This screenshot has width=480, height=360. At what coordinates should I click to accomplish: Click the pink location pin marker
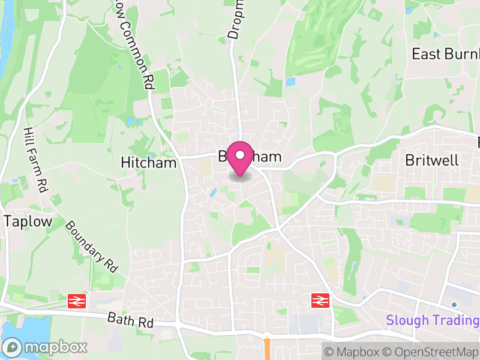[240, 158]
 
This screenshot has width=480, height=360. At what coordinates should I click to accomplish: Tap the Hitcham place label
[149, 163]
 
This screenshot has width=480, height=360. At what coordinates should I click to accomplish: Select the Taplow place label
[28, 221]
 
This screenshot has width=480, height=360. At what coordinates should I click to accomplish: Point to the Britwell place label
[431, 160]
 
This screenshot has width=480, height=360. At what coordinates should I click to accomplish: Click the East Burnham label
[445, 54]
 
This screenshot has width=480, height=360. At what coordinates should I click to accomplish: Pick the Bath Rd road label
[131, 320]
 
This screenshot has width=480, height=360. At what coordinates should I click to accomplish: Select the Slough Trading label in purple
[433, 320]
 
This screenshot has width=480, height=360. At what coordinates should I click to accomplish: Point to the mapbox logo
[46, 347]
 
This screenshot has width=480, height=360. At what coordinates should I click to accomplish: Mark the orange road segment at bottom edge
[267, 348]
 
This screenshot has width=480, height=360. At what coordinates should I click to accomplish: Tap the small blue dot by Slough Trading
[454, 305]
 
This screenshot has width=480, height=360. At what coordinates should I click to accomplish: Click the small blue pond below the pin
[213, 193]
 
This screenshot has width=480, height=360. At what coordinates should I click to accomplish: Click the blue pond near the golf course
[291, 82]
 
